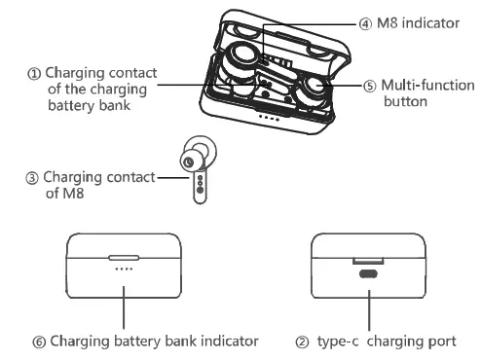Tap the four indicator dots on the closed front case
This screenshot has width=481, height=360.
point(124,269)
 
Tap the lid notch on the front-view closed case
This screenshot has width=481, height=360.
point(124,259)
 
